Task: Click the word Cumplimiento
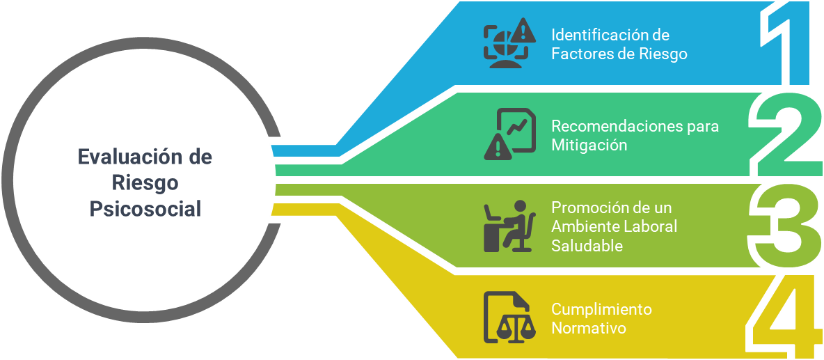point(601,308)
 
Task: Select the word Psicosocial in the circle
point(145,209)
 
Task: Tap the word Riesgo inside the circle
point(145,182)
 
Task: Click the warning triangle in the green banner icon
point(496,147)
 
